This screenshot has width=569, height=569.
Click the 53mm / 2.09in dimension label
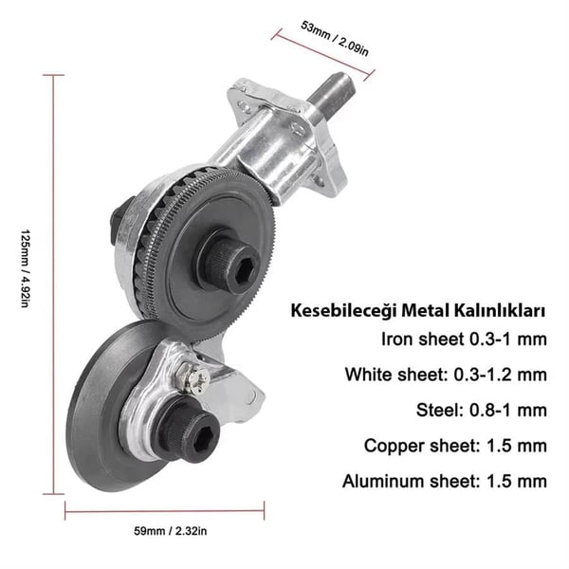pyautogui.click(x=335, y=39)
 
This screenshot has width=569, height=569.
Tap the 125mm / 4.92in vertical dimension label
pyautogui.click(x=25, y=268)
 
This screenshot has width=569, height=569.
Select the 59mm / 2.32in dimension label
pyautogui.click(x=170, y=531)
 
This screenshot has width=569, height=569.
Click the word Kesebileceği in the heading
pyautogui.click(x=343, y=312)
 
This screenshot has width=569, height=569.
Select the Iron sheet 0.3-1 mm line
pyautogui.click(x=464, y=340)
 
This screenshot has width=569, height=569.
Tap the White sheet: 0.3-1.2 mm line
pyautogui.click(x=446, y=375)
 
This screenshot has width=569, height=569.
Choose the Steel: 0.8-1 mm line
pyautogui.click(x=482, y=410)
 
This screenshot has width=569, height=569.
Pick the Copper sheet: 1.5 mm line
pyautogui.click(x=455, y=446)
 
